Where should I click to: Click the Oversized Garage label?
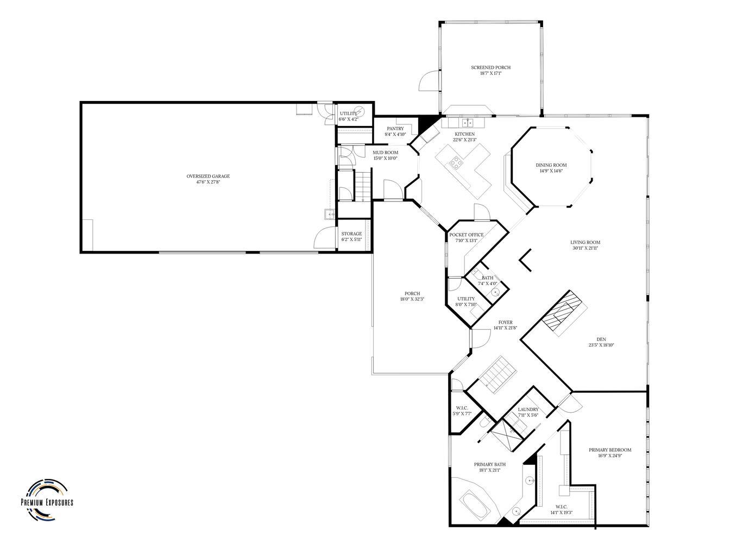(x=208, y=176)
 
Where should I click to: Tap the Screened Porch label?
(x=490, y=68)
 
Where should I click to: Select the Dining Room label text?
(x=551, y=165)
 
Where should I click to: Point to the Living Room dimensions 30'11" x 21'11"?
(x=585, y=248)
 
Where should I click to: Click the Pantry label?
(x=395, y=129)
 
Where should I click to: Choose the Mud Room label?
(x=385, y=153)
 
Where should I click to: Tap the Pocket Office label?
(x=466, y=235)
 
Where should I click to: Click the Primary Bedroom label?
(x=609, y=450)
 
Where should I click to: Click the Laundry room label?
(x=528, y=409)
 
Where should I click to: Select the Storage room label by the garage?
(x=351, y=233)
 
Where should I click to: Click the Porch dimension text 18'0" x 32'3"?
(x=412, y=299)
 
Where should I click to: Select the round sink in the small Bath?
(x=495, y=292)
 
